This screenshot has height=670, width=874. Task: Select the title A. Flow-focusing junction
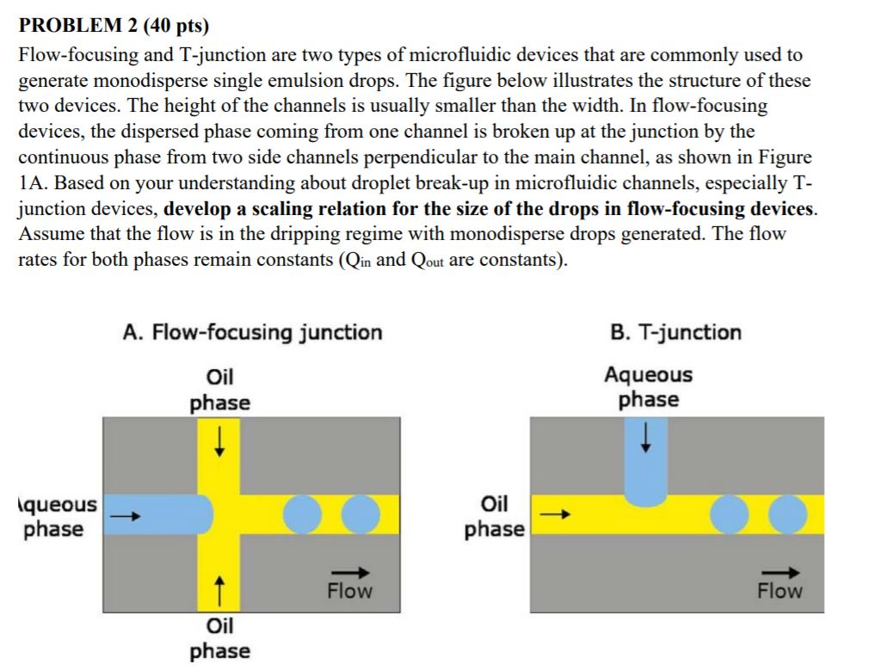pyautogui.click(x=253, y=332)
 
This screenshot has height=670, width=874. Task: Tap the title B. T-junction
pyautogui.click(x=674, y=332)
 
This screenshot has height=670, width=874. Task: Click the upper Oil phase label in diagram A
pyautogui.click(x=220, y=390)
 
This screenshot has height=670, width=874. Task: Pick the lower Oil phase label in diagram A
pyautogui.click(x=220, y=638)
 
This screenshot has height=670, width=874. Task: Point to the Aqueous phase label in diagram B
pyautogui.click(x=648, y=387)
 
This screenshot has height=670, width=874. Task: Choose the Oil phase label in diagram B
pyautogui.click(x=495, y=516)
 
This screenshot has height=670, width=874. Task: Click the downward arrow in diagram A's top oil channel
pyautogui.click(x=220, y=443)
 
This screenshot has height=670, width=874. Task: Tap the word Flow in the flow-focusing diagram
pyautogui.click(x=349, y=591)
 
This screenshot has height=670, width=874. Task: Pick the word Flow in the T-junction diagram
pyautogui.click(x=779, y=591)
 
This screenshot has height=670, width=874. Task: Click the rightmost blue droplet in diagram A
pyautogui.click(x=360, y=514)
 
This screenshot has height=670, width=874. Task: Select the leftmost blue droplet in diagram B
pyautogui.click(x=732, y=514)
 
